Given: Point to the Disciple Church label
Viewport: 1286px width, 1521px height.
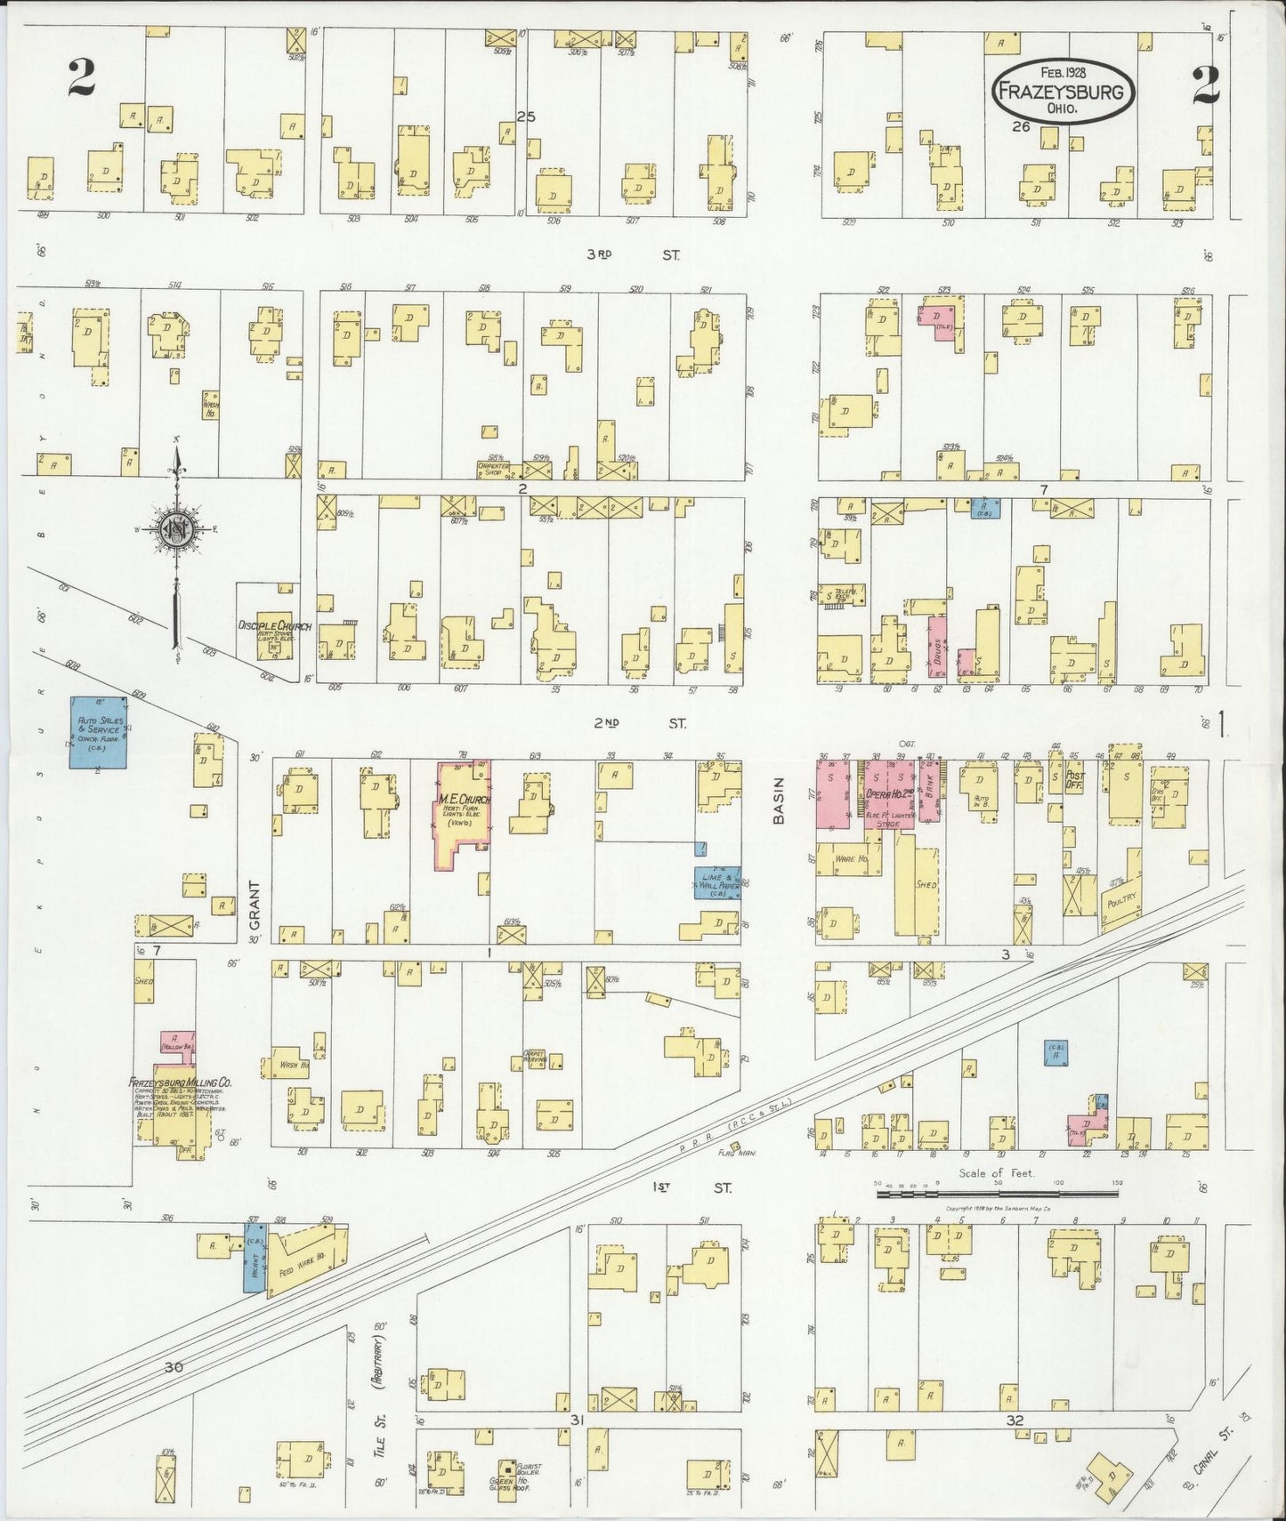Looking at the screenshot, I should [273, 626].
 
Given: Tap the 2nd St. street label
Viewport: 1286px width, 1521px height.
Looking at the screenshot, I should [640, 723].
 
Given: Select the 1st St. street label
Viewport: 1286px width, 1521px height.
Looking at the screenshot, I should [692, 1187].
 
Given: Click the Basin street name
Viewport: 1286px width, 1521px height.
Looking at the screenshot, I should [779, 801].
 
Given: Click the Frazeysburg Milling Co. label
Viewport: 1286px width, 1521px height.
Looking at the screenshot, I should [180, 1083].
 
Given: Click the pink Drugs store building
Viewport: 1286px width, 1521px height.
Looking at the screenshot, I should [937, 643].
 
